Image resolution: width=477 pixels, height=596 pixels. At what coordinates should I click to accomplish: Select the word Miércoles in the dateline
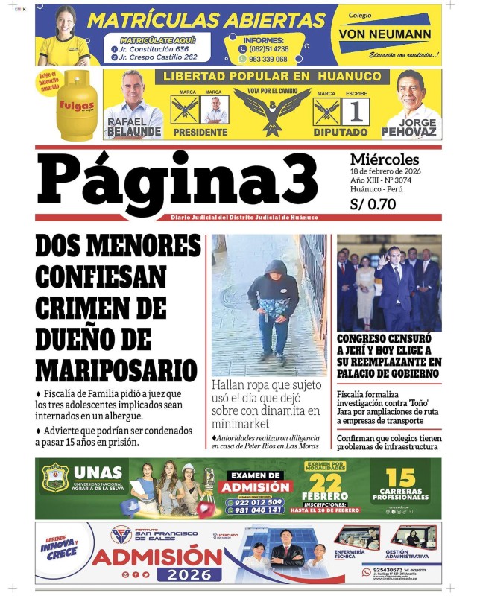coord(385,159)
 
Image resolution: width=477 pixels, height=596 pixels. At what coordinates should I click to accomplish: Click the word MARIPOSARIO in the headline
coord(116,369)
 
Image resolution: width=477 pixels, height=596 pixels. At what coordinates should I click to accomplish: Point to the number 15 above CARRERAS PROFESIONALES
coord(400,478)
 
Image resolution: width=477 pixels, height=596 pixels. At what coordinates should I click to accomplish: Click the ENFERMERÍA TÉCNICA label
coord(350,554)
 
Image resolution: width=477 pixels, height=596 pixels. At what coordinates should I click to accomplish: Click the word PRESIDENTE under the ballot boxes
coord(200,133)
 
